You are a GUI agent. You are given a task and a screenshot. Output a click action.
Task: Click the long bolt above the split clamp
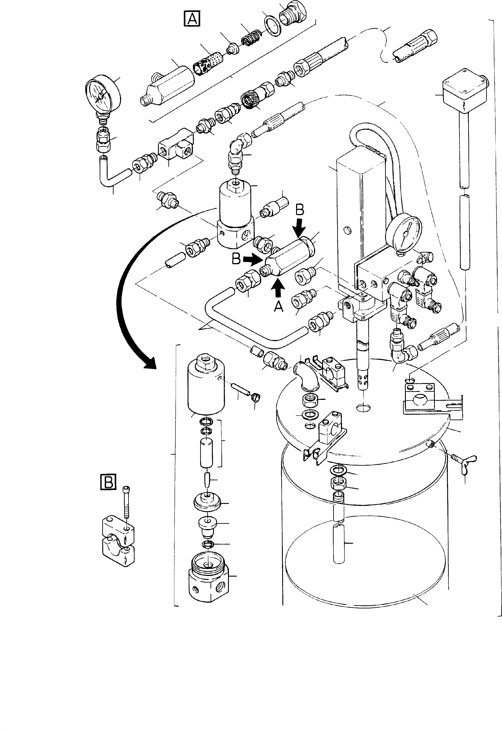point(126,502)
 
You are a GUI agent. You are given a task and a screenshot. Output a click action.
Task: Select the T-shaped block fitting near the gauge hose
point(175,147)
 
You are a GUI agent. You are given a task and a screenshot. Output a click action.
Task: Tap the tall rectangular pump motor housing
point(361,221)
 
